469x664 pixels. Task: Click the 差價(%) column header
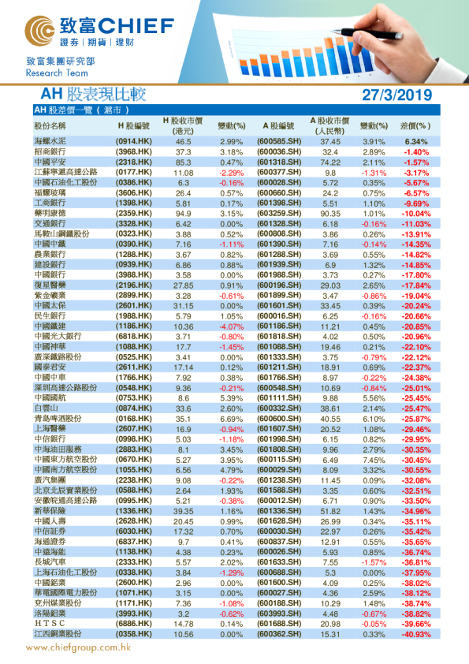point(415,125)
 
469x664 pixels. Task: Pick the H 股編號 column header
point(133,125)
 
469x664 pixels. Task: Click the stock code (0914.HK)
point(134,141)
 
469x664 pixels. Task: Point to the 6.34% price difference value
point(415,141)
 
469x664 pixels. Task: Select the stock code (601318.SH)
point(280,162)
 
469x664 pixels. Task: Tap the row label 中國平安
point(50,162)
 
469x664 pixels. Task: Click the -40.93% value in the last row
point(415,633)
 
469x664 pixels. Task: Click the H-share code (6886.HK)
point(134,623)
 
